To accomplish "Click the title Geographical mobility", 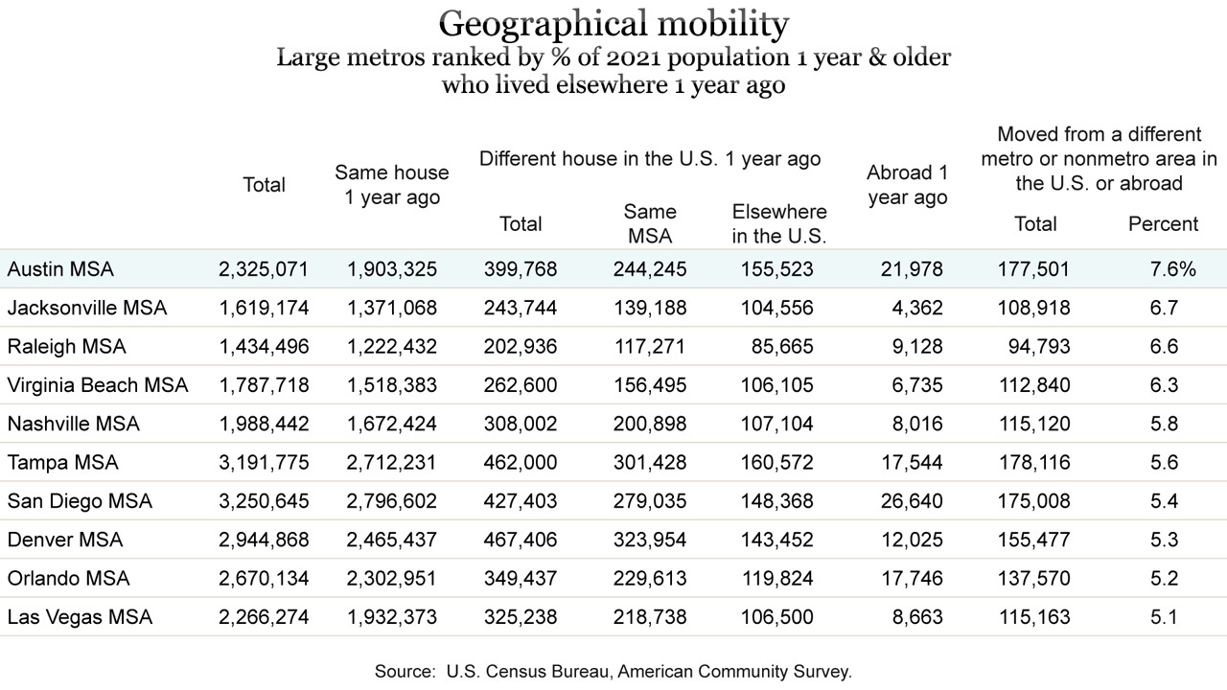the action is click(x=613, y=25).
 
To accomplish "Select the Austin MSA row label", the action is click(x=60, y=269).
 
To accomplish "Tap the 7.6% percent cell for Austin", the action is click(x=1172, y=269).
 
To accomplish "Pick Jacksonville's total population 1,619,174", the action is click(x=264, y=308).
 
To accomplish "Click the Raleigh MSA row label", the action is click(x=67, y=347).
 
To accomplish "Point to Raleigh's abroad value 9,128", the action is click(x=917, y=347).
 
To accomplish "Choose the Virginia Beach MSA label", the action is click(x=98, y=385).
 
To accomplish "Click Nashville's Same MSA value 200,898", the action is click(x=650, y=424).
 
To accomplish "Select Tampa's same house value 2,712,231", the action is click(x=391, y=463).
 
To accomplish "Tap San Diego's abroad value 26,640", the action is click(x=912, y=501).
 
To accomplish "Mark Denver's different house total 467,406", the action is click(x=521, y=540).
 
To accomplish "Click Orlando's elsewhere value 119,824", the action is click(x=777, y=578).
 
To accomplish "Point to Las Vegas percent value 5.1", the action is click(x=1164, y=617).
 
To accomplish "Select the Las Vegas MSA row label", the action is click(x=80, y=617).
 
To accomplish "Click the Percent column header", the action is click(x=1164, y=224).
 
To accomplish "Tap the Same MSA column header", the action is click(x=650, y=223).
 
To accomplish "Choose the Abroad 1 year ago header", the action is click(x=908, y=185).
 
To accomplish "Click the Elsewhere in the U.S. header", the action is click(x=779, y=223).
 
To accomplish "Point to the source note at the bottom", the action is click(x=613, y=672).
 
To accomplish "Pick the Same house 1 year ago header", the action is click(x=392, y=185).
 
